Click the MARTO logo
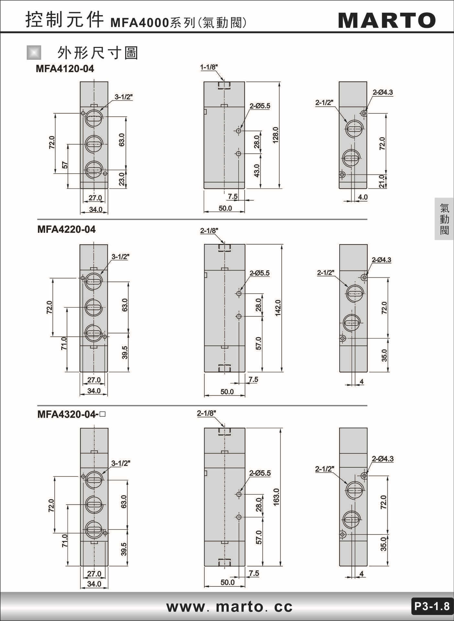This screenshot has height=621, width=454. [x=387, y=20]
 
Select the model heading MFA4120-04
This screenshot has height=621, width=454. [x=65, y=69]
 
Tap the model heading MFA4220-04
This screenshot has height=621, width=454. [x=66, y=229]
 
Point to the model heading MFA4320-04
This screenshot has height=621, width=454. [x=68, y=414]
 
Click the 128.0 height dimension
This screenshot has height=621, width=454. [x=275, y=135]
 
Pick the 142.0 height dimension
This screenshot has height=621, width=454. [x=278, y=308]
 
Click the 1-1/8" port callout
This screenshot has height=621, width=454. [x=209, y=67]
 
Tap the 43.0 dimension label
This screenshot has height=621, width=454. [x=257, y=170]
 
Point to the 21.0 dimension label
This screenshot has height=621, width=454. [x=382, y=181]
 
